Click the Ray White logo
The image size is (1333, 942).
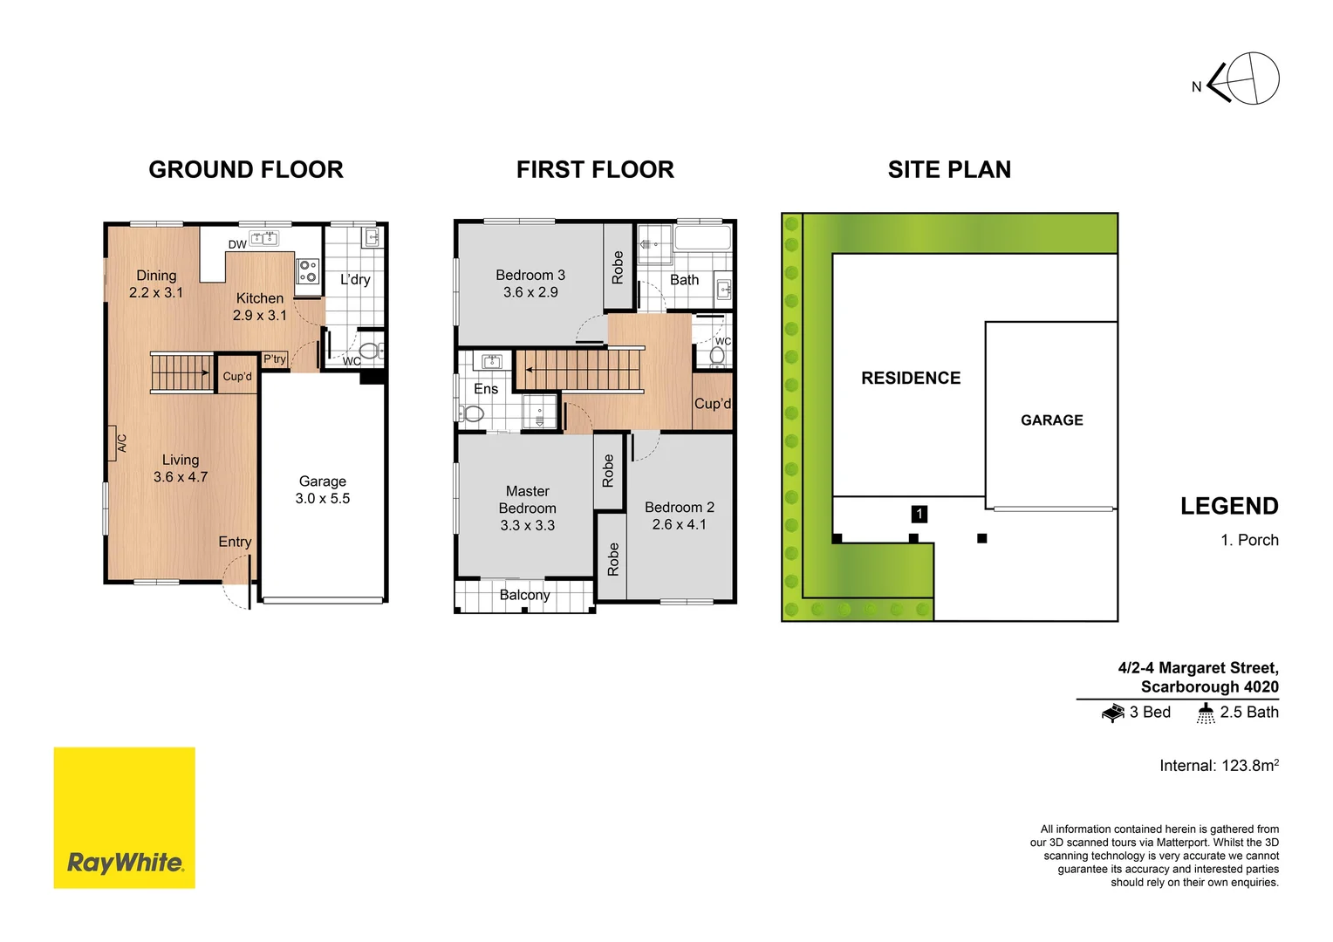[124, 817]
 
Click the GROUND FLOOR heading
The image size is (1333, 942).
[246, 169]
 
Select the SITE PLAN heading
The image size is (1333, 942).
[949, 169]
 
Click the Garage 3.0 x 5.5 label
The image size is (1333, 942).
[323, 490]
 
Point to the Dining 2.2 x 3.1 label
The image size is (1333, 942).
[156, 284]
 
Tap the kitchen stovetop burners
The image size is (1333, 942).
[308, 270]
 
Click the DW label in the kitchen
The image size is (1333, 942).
[237, 245]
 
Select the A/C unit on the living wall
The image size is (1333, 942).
[113, 443]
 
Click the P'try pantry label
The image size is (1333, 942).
[275, 359]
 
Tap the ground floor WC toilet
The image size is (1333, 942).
[370, 351]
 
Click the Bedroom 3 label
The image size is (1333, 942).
[530, 283]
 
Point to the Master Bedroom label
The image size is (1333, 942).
[528, 508]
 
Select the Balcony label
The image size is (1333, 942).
[524, 595]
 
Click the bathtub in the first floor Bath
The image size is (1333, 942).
[702, 238]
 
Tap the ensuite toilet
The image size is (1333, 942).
[472, 413]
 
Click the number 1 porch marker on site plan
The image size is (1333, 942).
[919, 515]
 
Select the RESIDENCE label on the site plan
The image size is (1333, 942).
[911, 378]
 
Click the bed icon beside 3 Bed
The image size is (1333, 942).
[1112, 713]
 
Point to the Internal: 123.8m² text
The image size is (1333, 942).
[1219, 765]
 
